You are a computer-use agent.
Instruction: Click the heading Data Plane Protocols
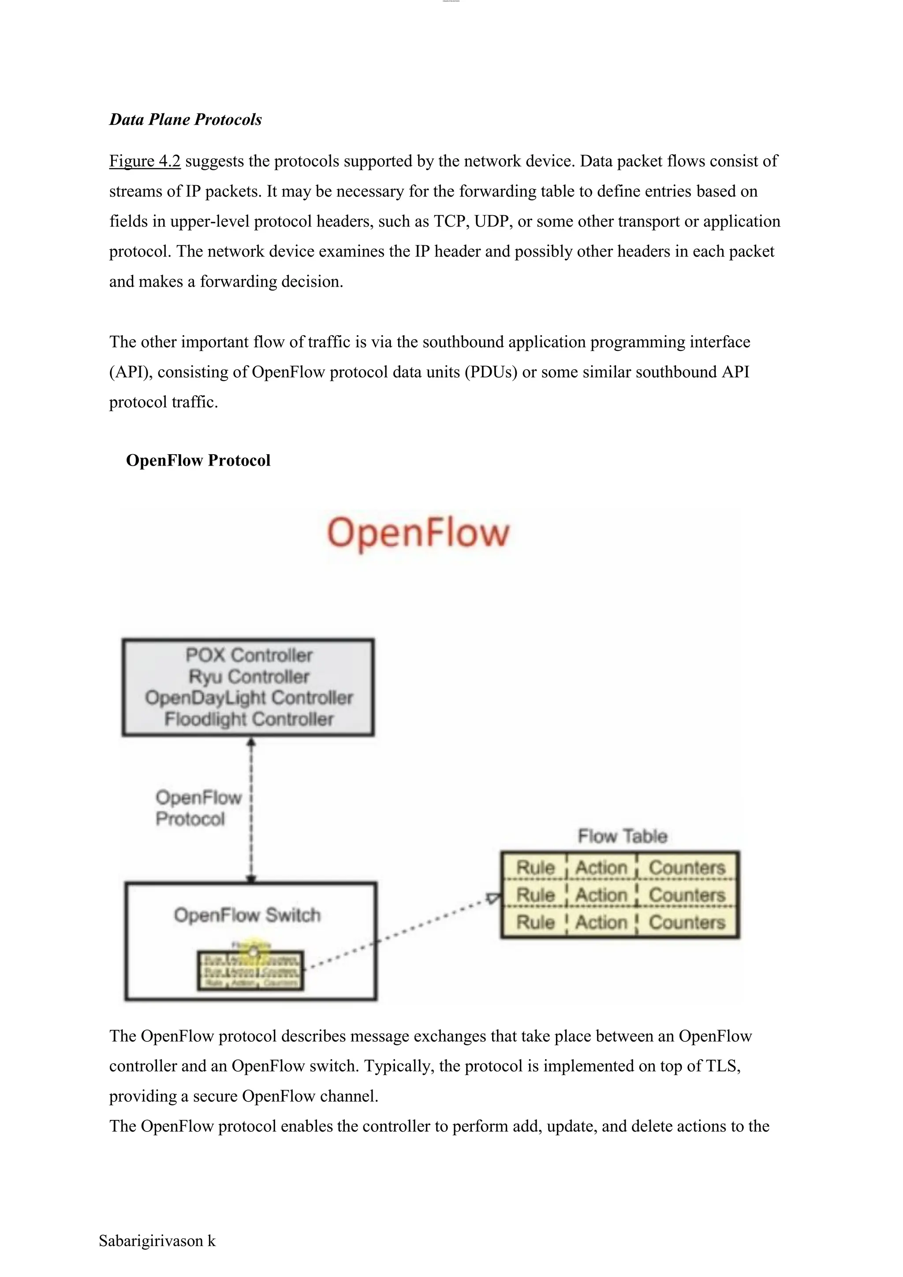(185, 119)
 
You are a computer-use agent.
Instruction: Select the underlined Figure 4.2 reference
(145, 161)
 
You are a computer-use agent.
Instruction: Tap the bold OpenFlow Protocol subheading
(198, 460)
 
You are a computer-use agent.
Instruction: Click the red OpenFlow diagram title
(418, 533)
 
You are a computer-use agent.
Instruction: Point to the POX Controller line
(249, 655)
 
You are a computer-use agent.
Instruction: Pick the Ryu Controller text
(249, 676)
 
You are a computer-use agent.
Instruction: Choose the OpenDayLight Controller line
(249, 698)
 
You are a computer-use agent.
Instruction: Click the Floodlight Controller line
(249, 719)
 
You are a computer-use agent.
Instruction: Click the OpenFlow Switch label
(247, 915)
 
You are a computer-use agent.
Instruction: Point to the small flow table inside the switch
(250, 971)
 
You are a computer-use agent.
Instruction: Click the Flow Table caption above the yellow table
(622, 836)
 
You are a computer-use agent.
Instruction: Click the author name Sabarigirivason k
(157, 1241)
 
